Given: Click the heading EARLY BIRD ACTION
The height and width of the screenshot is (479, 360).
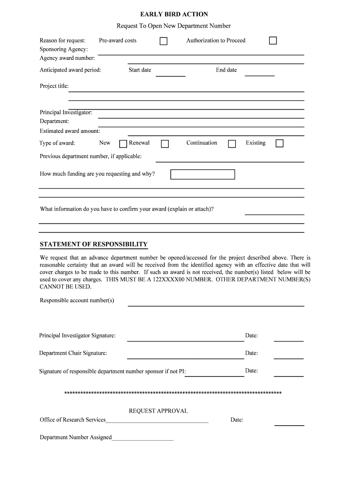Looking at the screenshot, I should tap(174, 15).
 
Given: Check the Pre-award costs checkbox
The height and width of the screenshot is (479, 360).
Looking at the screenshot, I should tap(164, 41).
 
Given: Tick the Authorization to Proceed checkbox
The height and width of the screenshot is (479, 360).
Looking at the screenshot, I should tap(273, 41).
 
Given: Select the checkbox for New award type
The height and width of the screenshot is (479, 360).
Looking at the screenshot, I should tap(123, 144).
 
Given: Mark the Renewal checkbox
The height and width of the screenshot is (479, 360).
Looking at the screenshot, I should tap(165, 144).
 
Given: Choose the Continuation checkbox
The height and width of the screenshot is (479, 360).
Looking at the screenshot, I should tap(232, 144).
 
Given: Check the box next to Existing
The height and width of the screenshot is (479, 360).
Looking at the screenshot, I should tap(280, 143).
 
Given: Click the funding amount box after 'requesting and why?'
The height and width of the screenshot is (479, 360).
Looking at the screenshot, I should tap(202, 174).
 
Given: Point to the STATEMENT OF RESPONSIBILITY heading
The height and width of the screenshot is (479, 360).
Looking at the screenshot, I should tap(94, 244).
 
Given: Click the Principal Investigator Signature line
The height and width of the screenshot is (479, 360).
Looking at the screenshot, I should tap(185, 340).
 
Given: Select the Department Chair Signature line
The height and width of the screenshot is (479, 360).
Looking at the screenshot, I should tap(185, 357).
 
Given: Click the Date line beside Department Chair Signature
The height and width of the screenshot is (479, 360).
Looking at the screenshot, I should tap(288, 357).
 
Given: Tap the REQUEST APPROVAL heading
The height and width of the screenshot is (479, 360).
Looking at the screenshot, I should tap(158, 411).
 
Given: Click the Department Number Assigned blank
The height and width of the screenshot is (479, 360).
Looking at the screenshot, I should tap(143, 440).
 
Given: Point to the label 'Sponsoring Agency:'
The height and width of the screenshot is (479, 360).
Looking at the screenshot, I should tap(64, 49).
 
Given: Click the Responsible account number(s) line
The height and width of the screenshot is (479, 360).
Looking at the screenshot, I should tap(216, 305).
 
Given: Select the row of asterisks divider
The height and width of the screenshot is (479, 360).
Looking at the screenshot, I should tap(173, 392).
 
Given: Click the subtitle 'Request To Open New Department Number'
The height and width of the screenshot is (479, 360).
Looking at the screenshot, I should tap(173, 26).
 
